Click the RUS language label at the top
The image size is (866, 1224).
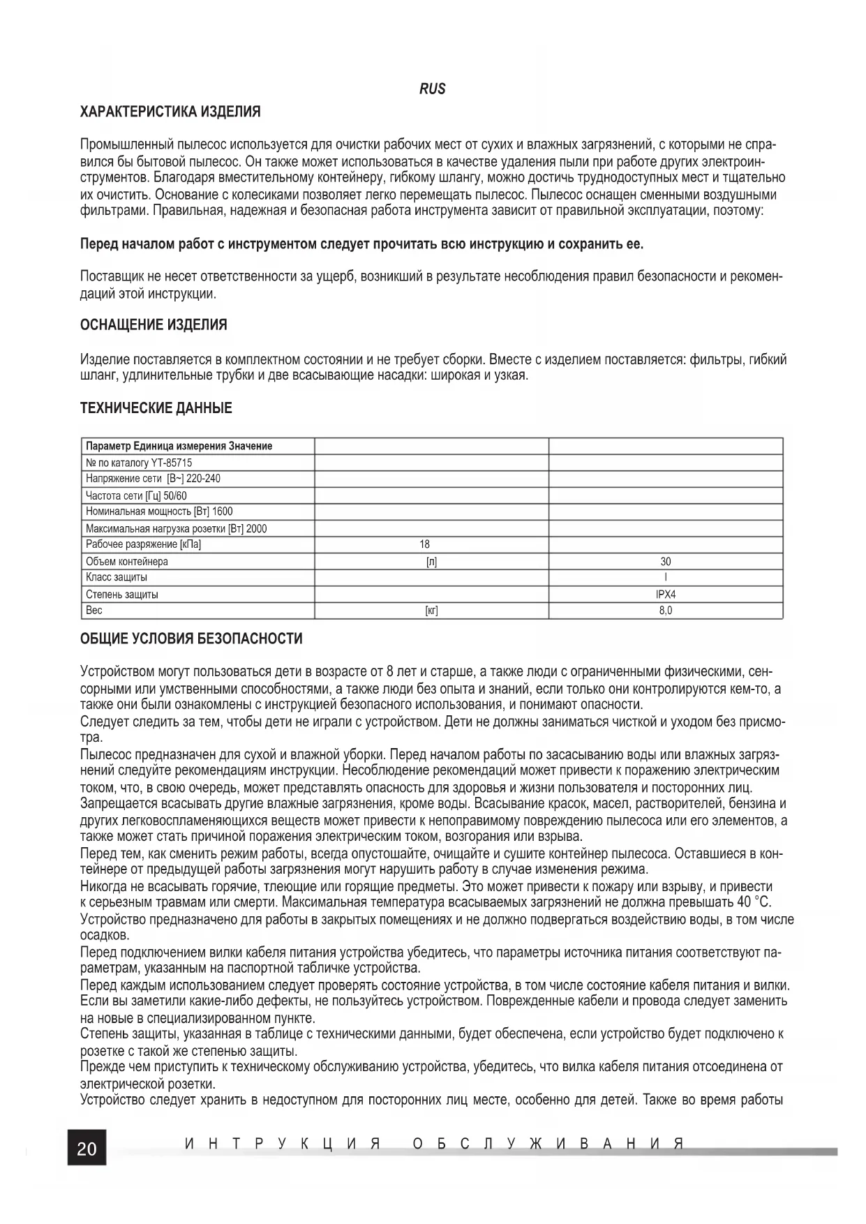pyautogui.click(x=433, y=89)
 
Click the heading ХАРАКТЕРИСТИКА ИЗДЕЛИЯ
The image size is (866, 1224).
pyautogui.click(x=170, y=112)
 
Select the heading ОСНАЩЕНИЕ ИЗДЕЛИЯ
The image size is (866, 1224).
pyautogui.click(x=154, y=325)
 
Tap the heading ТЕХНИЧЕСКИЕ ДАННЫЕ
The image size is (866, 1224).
pyautogui.click(x=156, y=408)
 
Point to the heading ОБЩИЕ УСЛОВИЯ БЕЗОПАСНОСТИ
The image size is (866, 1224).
pyautogui.click(x=191, y=639)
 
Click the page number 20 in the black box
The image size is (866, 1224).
pyautogui.click(x=87, y=1149)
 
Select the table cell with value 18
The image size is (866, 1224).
pyautogui.click(x=425, y=544)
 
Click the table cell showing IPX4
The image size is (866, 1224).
pyautogui.click(x=666, y=595)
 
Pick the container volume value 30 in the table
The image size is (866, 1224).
pyautogui.click(x=666, y=561)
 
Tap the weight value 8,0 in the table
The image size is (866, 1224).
pyautogui.click(x=666, y=611)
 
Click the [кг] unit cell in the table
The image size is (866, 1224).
pyautogui.click(x=431, y=611)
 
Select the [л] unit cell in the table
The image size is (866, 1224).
pyautogui.click(x=431, y=561)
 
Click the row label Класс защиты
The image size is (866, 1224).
pyautogui.click(x=117, y=577)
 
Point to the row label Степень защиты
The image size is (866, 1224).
pyautogui.click(x=122, y=595)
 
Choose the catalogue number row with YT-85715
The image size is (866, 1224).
pyautogui.click(x=139, y=463)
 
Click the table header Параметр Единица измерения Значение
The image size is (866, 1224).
pyautogui.click(x=179, y=446)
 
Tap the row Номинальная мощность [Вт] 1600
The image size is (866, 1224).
pyautogui.click(x=159, y=512)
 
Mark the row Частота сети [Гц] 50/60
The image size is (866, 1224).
pyautogui.click(x=136, y=495)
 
